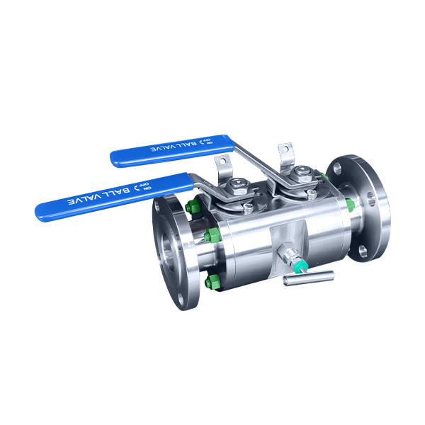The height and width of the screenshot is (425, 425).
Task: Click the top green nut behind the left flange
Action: pyautogui.click(x=191, y=208)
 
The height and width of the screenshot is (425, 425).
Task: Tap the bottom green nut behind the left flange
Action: pyautogui.click(x=210, y=282)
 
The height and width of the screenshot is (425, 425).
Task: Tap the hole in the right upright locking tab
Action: pyautogui.click(x=287, y=149)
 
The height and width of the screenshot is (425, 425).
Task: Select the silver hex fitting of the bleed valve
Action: pyautogui.click(x=286, y=254)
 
